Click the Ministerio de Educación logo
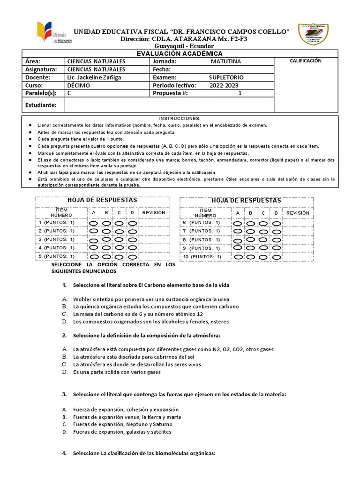pos(52,35)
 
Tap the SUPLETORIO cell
pos(226,77)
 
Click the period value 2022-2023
pos(225,86)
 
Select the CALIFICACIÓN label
pos(306,61)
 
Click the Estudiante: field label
pos(41,105)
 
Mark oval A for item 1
pos(94,223)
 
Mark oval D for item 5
pos(133,257)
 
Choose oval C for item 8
pos(263,240)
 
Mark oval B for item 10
pos(251,257)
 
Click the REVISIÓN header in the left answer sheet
pos(154,212)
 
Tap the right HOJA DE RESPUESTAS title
pos(246,201)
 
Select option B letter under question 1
pos(65,307)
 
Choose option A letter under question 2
pos(65,350)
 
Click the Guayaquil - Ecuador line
pos(184,46)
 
